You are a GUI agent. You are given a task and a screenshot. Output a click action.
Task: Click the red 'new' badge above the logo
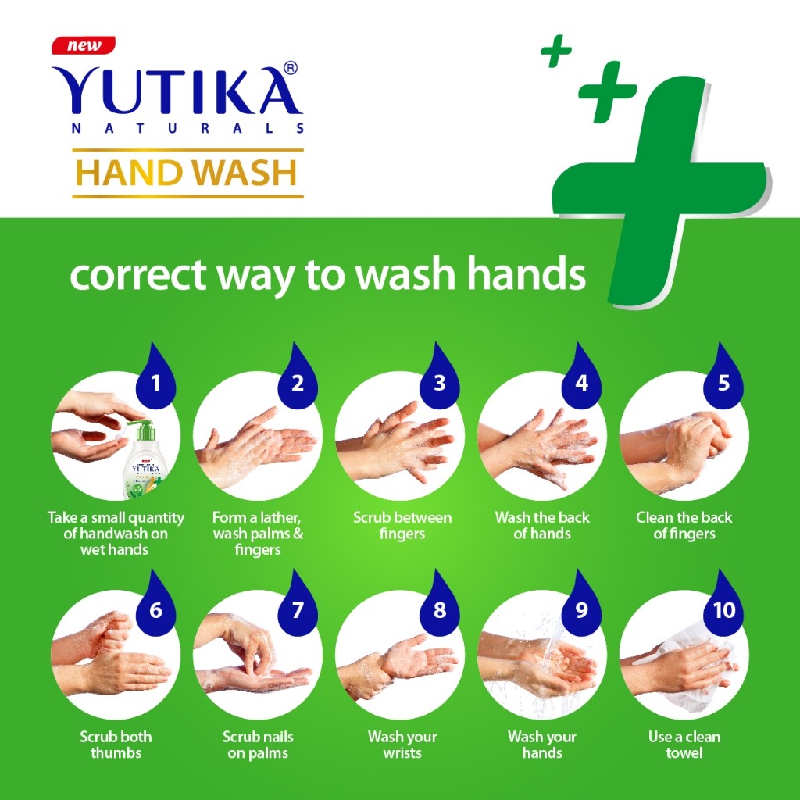tap(84, 45)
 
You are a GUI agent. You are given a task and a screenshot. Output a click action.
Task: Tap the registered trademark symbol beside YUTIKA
tap(290, 68)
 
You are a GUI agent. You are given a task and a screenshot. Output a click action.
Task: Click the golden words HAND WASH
tap(186, 173)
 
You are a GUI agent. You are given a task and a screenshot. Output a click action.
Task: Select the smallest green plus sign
tap(556, 51)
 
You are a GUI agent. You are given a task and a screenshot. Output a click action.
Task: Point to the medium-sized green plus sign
tap(607, 92)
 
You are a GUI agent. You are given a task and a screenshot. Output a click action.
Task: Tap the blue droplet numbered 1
tap(155, 376)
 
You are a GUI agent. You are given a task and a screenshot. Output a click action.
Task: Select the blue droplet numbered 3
tap(439, 376)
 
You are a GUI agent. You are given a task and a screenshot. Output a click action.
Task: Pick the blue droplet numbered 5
tap(723, 376)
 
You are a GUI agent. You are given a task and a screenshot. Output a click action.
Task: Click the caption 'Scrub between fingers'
tap(402, 526)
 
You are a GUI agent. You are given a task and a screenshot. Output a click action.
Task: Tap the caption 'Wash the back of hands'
tap(542, 526)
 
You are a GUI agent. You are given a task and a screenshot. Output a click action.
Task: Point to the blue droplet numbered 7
tap(298, 603)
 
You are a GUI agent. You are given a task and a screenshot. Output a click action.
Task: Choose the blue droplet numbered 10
tap(723, 603)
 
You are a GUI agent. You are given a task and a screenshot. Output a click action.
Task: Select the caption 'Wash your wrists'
tap(402, 745)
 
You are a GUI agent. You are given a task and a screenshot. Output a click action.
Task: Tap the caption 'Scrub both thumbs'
tap(116, 745)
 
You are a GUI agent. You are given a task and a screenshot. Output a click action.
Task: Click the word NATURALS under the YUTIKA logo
tap(187, 129)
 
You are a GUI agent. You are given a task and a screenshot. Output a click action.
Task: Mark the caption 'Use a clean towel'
tap(684, 745)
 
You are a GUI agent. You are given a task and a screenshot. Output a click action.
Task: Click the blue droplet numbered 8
tap(439, 603)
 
